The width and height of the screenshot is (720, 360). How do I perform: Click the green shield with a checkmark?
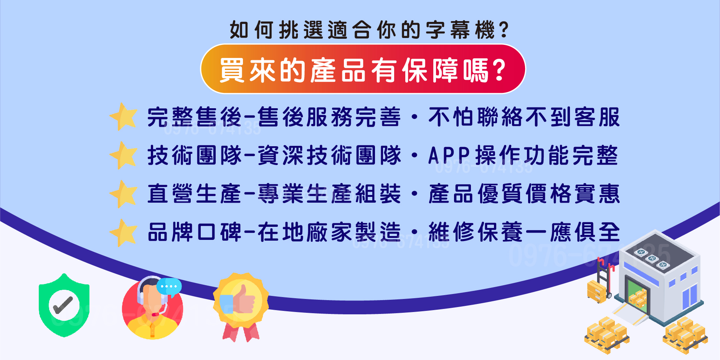click(x=64, y=306)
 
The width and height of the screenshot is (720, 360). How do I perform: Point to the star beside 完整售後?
click(x=124, y=116)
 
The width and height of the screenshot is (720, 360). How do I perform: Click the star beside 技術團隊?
click(x=124, y=155)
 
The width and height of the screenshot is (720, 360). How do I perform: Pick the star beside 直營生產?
click(x=124, y=194)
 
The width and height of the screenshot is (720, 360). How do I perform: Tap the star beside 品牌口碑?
click(x=124, y=233)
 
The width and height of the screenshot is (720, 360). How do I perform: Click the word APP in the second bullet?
click(x=449, y=155)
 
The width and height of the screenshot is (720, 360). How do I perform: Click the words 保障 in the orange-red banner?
click(x=430, y=71)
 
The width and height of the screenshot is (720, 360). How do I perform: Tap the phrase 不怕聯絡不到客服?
click(x=524, y=117)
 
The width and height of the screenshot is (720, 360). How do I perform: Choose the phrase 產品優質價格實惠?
click(x=524, y=194)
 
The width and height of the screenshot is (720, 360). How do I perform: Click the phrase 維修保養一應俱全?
click(x=524, y=232)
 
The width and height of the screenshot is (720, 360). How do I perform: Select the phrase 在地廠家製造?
click(x=329, y=232)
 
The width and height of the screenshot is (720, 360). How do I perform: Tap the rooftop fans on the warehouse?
click(x=652, y=258)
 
